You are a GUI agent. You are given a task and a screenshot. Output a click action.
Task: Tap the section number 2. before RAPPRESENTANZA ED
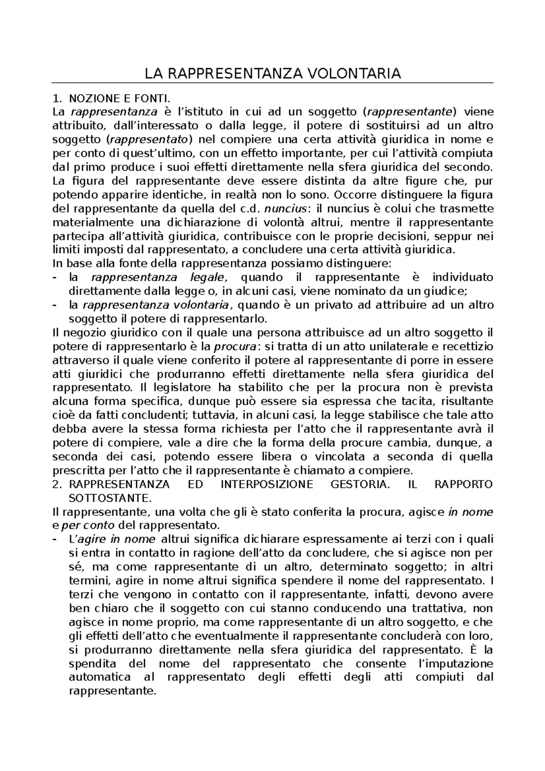click(x=57, y=484)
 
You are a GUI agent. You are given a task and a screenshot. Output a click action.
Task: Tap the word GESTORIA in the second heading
click(x=359, y=484)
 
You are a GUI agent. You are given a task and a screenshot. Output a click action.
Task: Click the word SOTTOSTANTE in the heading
click(x=109, y=498)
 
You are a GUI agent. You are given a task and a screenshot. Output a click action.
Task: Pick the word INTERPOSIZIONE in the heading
click(x=267, y=484)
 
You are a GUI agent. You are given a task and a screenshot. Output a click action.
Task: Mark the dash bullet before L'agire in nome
click(x=55, y=539)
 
